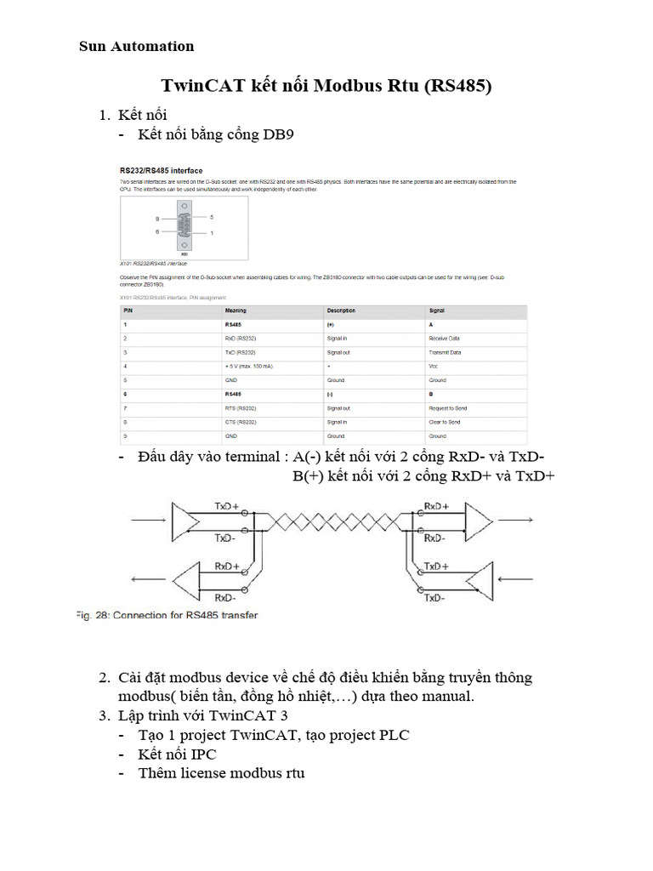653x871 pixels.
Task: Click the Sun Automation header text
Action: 136,46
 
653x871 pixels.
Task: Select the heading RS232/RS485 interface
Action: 161,170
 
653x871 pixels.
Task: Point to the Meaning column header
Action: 236,310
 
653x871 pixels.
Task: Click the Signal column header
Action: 437,310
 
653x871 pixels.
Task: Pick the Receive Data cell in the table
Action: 445,338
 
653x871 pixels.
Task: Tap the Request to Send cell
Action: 447,408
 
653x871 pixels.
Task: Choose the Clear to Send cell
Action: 445,422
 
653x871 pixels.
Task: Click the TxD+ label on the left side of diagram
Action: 226,504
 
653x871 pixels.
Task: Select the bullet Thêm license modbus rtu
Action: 221,773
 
